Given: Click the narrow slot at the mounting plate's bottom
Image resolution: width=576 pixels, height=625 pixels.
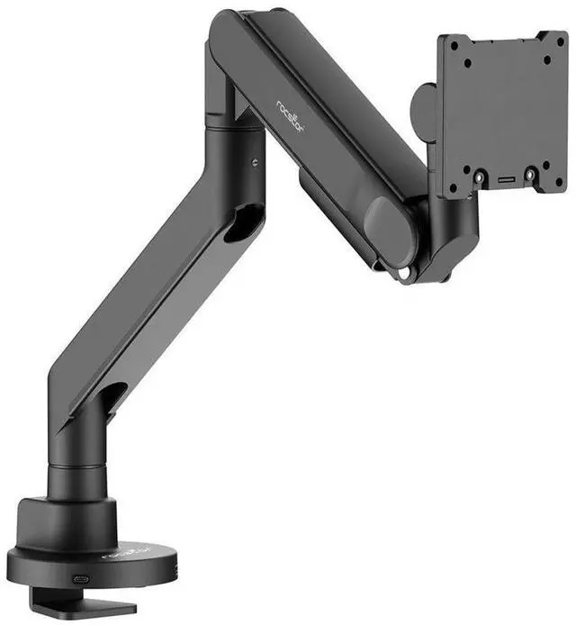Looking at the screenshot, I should [506, 178].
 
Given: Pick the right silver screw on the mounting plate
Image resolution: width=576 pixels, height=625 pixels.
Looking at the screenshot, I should [531, 175].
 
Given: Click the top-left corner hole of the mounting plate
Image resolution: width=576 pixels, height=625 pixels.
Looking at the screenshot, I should [454, 47].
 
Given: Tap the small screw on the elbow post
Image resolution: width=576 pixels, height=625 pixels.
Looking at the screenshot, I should [255, 163].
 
